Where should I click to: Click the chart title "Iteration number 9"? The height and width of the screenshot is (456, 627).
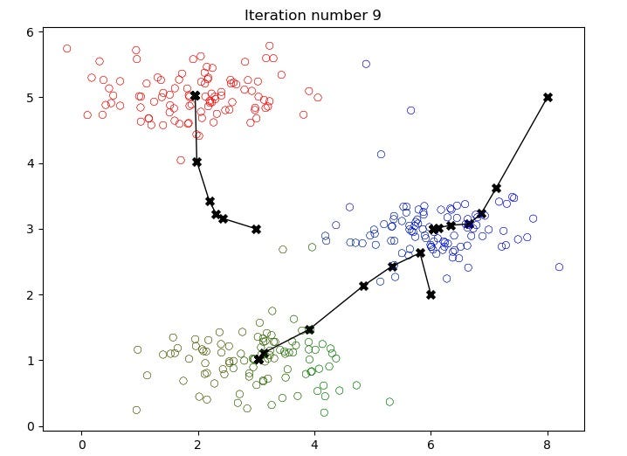tap(313, 15)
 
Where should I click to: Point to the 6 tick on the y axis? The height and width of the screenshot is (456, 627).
tap(29, 31)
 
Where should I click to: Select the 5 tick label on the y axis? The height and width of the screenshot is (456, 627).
tap(29, 98)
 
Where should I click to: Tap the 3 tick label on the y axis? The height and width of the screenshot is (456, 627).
tap(29, 229)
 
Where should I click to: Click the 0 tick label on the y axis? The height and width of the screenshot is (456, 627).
tap(29, 426)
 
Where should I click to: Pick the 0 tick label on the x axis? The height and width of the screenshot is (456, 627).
tap(81, 444)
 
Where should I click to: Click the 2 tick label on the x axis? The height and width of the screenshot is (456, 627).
tap(198, 444)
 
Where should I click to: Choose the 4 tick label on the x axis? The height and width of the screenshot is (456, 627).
tap(314, 444)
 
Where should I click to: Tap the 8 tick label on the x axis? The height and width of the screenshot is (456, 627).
tap(548, 444)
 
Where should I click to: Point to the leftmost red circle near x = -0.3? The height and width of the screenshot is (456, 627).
tap(66, 49)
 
